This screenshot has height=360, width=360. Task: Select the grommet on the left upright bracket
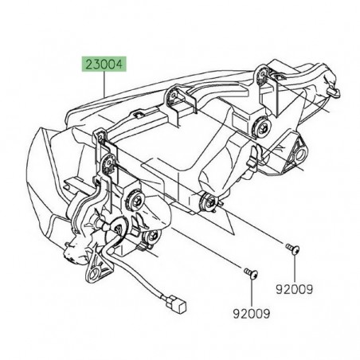pos(108,163)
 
